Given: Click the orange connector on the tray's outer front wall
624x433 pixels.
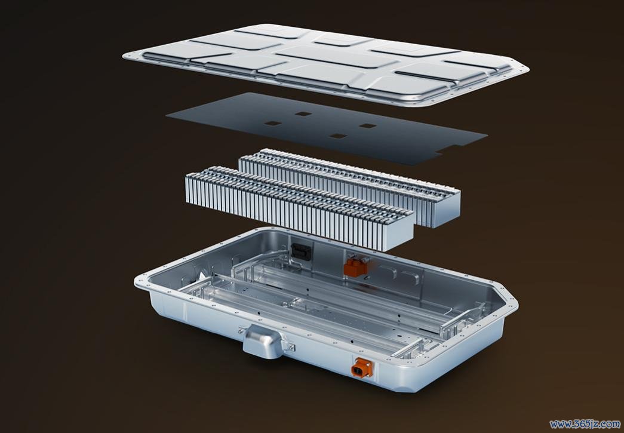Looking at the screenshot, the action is tap(361, 368).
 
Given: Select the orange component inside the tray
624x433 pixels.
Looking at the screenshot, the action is tap(356, 266).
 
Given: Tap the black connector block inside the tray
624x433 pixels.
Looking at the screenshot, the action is tap(301, 251).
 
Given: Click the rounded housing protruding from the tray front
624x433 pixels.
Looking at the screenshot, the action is tap(263, 340).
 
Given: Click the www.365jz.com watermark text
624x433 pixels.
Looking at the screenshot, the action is tap(585, 424).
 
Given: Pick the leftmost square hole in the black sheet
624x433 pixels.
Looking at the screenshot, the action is tap(273, 124).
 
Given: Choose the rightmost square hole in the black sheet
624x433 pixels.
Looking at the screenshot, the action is tap(368, 126).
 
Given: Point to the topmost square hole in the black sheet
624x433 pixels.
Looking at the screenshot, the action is tap(303, 114).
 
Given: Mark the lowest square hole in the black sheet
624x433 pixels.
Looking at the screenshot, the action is tap(338, 136).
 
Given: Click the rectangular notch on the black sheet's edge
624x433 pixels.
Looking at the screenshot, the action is tap(451, 150).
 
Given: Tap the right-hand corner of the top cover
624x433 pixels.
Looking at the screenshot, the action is tap(528, 70).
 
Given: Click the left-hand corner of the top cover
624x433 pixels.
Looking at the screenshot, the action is tap(124, 56).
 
